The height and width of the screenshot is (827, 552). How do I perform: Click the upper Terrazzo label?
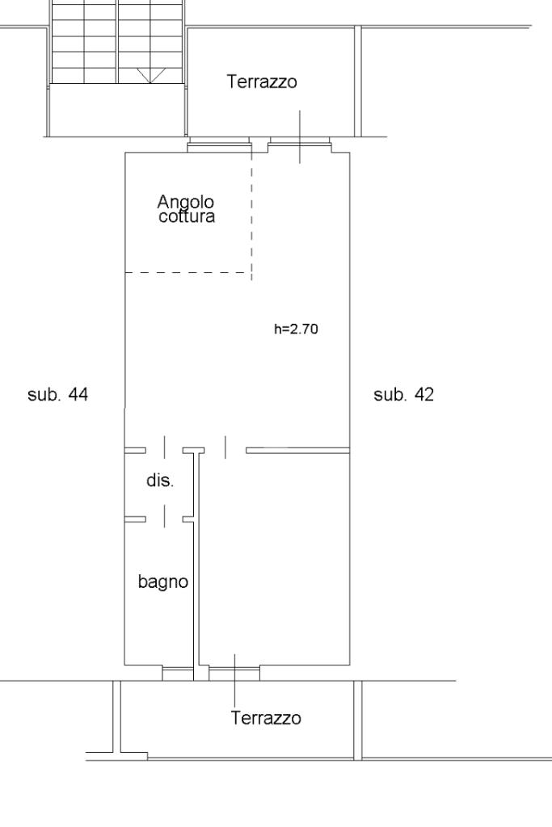pyautogui.click(x=262, y=82)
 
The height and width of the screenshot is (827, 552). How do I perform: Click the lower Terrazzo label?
pyautogui.click(x=266, y=718)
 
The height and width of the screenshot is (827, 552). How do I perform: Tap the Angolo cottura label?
pyautogui.click(x=186, y=209)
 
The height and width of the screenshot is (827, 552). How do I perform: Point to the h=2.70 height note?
pyautogui.click(x=296, y=330)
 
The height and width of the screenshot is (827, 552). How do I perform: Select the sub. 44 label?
pyautogui.click(x=57, y=394)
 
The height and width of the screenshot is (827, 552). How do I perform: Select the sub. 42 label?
pyautogui.click(x=404, y=394)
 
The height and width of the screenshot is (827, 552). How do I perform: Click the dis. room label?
pyautogui.click(x=160, y=481)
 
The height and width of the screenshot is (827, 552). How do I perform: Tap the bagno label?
pyautogui.click(x=163, y=581)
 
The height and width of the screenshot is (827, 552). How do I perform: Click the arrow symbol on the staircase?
pyautogui.click(x=150, y=75)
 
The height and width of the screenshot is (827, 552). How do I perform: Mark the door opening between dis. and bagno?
pyautogui.click(x=164, y=519)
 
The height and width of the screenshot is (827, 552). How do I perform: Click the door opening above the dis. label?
pyautogui.click(x=164, y=450)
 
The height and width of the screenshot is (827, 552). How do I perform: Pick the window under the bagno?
pyautogui.click(x=178, y=673)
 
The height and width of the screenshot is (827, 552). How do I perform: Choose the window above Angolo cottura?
pyautogui.click(x=218, y=145)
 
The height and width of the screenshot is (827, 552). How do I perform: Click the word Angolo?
pyautogui.click(x=186, y=203)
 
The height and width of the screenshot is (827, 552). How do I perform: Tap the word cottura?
pyautogui.click(x=187, y=216)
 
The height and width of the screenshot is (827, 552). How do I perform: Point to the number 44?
pyautogui.click(x=78, y=394)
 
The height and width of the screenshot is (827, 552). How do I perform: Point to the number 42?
pyautogui.click(x=424, y=394)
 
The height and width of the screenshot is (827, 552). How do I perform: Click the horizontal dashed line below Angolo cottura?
pyautogui.click(x=188, y=273)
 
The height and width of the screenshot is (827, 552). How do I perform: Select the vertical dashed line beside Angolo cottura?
pyautogui.click(x=251, y=211)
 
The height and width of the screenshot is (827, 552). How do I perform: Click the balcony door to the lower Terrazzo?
pyautogui.click(x=235, y=673)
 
